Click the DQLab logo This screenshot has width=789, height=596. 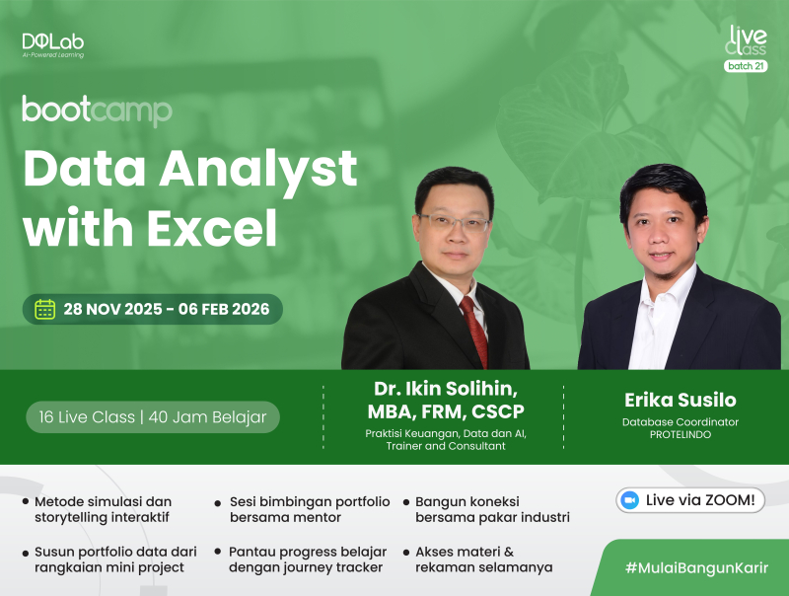pyautogui.click(x=52, y=44)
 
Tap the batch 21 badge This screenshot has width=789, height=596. pyautogui.click(x=746, y=66)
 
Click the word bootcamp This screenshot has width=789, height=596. pyautogui.click(x=97, y=110)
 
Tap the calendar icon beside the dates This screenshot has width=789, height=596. pyautogui.click(x=45, y=309)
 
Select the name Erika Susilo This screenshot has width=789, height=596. pyautogui.click(x=680, y=400)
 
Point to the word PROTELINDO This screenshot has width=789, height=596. pyautogui.click(x=681, y=435)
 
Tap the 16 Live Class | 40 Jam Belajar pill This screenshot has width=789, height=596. pyautogui.click(x=153, y=416)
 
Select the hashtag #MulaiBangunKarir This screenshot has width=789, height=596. pyautogui.click(x=696, y=568)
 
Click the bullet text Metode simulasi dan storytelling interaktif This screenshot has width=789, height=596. pyautogui.click(x=103, y=509)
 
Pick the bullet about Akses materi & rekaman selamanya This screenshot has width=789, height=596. pyautogui.click(x=483, y=559)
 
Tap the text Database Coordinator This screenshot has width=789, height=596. pyautogui.click(x=681, y=422)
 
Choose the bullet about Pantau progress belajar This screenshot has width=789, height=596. pyautogui.click(x=307, y=559)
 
